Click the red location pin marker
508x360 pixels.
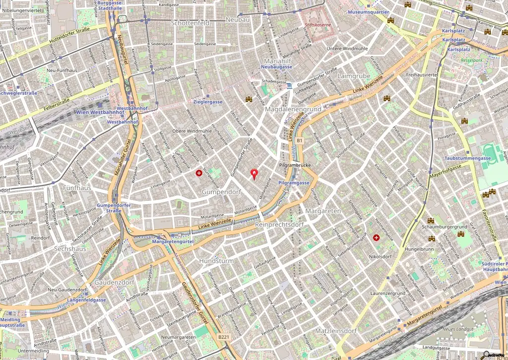254,174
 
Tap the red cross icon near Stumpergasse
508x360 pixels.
199,173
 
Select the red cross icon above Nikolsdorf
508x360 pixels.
376,238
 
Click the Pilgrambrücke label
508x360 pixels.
295,164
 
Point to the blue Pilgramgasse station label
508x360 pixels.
294,183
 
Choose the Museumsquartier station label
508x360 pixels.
368,11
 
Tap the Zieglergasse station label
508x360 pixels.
208,102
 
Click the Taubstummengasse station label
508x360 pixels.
468,158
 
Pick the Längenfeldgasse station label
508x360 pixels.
87,300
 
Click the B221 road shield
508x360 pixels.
224,337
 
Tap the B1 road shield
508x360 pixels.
299,141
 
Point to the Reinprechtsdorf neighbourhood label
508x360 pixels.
279,225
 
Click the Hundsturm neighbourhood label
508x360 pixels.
216,260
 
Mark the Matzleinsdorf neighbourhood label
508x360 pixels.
336,331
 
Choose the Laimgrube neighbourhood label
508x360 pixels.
354,76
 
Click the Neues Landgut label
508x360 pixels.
459,330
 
